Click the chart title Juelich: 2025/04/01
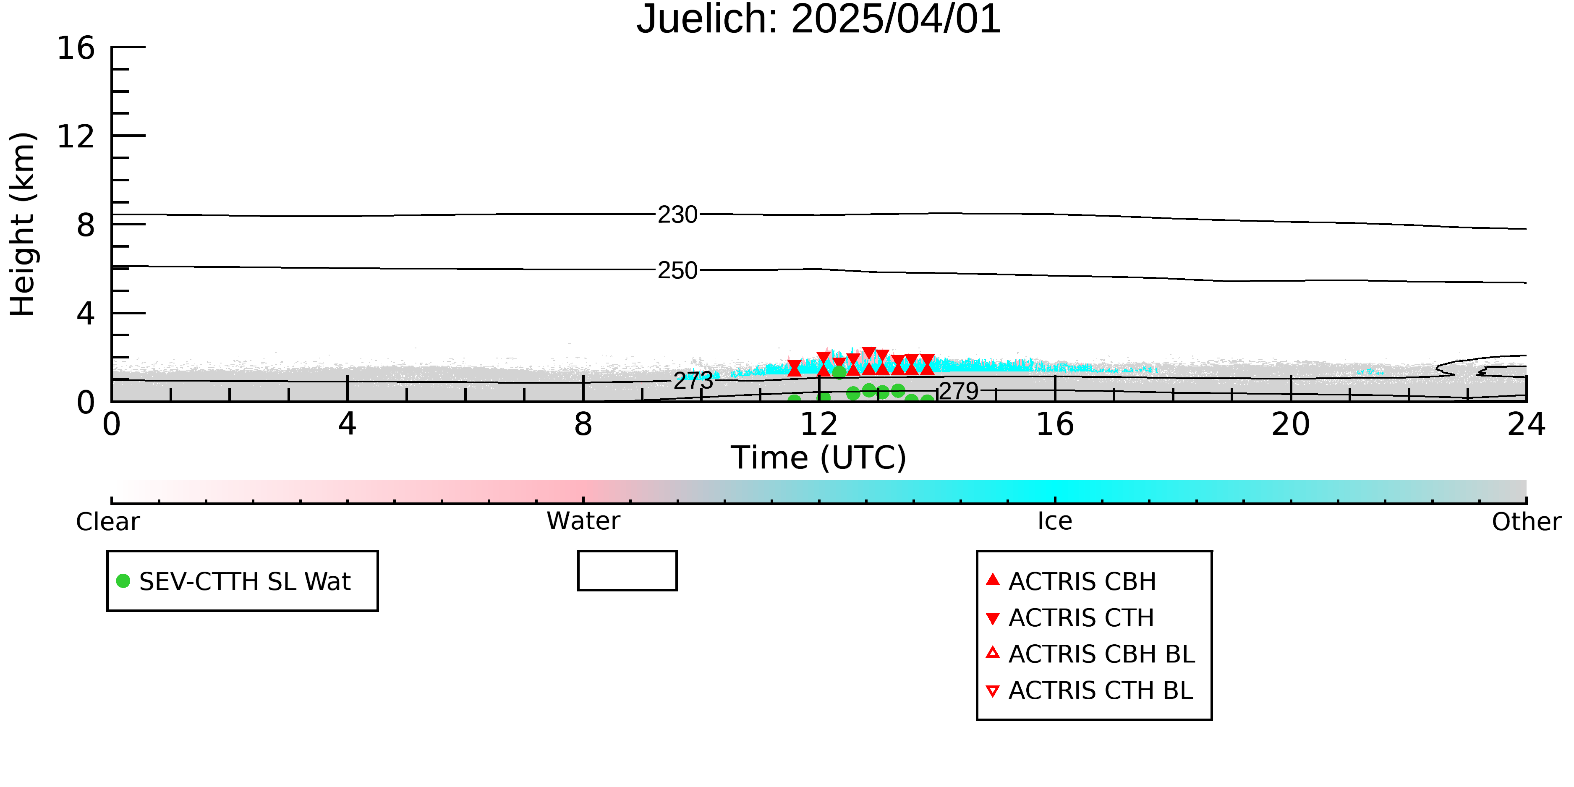coord(819,20)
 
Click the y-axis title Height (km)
coord(23,224)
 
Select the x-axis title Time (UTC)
coord(819,458)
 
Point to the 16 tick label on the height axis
coord(76,48)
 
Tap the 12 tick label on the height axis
coord(76,136)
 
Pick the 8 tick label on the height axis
coord(86,225)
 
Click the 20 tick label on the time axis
coord(1291,424)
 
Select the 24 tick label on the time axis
coord(1526,424)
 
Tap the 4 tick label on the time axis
coord(347,424)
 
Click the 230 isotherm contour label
coord(677,215)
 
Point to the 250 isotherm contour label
coord(677,270)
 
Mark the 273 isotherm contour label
coord(693,381)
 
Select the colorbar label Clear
coord(107,522)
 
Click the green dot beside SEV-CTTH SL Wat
coord(123,581)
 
